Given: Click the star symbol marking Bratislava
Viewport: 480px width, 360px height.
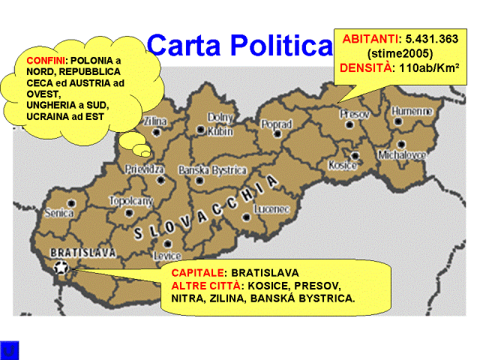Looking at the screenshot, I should pos(61,266).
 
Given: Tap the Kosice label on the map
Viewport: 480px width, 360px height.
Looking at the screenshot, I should pos(343,165).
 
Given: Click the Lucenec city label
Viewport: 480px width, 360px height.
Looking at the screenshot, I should pos(271,208).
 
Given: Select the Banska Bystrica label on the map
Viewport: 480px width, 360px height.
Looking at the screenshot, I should pos(213,170).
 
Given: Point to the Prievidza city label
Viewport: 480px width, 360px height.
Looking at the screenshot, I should pos(145,169).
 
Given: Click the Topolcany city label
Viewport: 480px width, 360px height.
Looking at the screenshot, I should pos(131,201).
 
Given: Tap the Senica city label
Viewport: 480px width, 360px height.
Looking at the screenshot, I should pos(59,213).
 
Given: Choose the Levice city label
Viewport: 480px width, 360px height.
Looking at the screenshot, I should pos(167,256).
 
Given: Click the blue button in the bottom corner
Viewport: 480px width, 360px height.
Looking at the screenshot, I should pos(10,349).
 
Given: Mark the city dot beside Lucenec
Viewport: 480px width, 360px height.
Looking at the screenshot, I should pos(247,217).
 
